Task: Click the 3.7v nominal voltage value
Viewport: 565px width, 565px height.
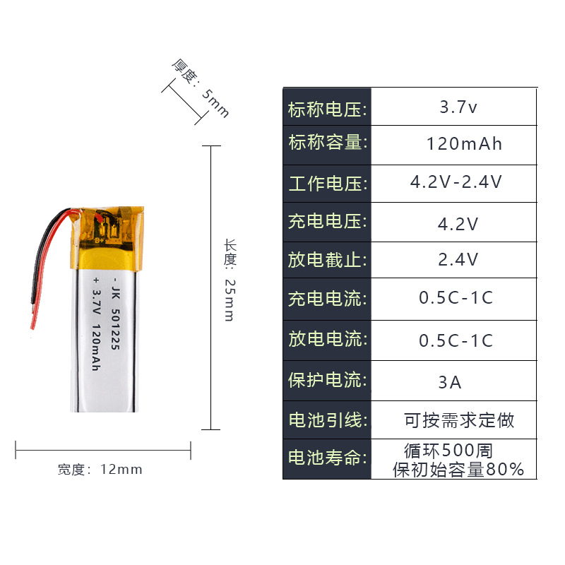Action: click(458, 108)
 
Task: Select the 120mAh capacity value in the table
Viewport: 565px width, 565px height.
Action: click(464, 144)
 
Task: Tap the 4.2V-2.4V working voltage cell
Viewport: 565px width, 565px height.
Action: click(456, 182)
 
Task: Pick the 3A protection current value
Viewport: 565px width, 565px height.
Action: click(450, 382)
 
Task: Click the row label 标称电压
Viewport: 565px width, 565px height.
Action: click(327, 109)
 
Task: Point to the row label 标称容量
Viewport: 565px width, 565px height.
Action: click(327, 143)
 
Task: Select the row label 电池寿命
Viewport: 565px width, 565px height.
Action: click(327, 458)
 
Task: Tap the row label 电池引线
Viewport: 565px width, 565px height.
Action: click(327, 420)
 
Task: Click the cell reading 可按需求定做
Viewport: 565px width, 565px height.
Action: click(459, 421)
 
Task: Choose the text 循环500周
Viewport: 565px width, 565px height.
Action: click(448, 450)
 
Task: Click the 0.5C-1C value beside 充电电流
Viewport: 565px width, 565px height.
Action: click(456, 298)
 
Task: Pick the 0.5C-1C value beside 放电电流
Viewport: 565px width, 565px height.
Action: click(456, 340)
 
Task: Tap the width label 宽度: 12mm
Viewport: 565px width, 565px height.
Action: click(100, 470)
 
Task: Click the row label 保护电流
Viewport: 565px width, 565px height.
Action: click(327, 380)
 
